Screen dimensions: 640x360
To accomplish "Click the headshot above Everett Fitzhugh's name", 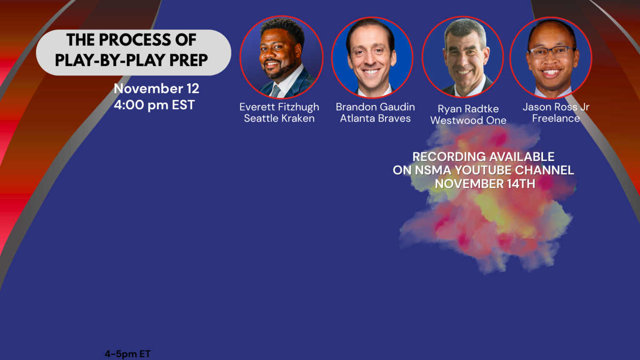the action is [x=282, y=57].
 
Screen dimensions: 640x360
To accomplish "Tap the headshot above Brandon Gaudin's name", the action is [x=372, y=58].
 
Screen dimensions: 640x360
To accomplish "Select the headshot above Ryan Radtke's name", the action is [x=463, y=57].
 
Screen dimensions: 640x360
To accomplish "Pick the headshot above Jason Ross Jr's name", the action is [x=551, y=58].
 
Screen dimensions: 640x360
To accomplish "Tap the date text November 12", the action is [x=156, y=89].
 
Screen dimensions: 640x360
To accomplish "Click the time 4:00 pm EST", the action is [x=154, y=105].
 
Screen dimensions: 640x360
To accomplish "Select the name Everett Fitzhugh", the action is [x=279, y=107].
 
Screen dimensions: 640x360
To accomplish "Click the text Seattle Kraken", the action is [x=279, y=118].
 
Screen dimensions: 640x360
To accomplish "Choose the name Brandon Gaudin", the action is [x=375, y=107].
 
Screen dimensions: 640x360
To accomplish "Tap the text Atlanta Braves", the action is [x=375, y=118].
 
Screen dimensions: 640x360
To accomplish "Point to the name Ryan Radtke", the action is [x=468, y=109].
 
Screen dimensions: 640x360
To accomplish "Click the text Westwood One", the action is [x=468, y=120].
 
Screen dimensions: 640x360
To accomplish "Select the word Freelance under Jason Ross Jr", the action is [x=556, y=118].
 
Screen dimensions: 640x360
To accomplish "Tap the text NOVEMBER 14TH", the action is [x=485, y=184].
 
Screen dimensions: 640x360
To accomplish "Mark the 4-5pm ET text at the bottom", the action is [x=128, y=354].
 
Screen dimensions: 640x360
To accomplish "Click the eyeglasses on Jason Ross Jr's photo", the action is [x=551, y=52].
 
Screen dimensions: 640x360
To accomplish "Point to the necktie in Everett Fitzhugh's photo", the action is [x=275, y=92].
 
